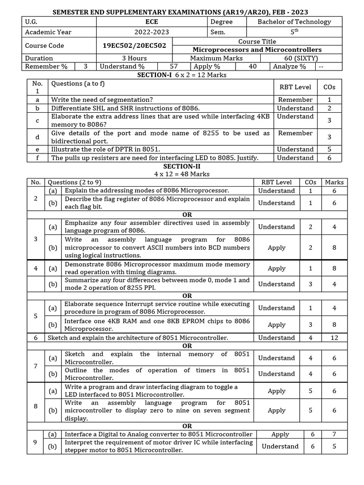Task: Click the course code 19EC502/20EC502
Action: click(134, 45)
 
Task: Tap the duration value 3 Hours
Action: click(134, 58)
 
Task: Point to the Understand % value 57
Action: click(174, 67)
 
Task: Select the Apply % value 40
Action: click(253, 67)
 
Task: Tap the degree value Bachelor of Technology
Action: click(294, 22)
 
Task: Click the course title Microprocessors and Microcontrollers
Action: click(257, 50)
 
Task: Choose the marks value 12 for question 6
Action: click(334, 338)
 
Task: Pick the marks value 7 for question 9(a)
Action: click(334, 434)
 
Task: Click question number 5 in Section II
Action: click(36, 316)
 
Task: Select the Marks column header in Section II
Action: click(334, 182)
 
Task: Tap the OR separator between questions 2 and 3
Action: click(187, 215)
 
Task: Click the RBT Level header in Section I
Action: click(295, 87)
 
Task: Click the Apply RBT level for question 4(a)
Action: click(276, 268)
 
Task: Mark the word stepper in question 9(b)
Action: click(77, 450)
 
